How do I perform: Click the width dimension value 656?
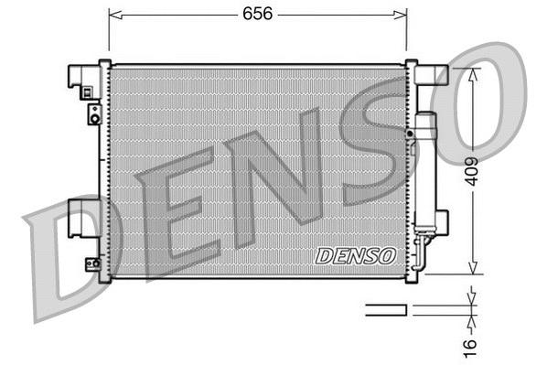257,14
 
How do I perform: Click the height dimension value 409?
469,170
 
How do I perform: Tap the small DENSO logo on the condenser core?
355,255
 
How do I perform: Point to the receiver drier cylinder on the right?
425,169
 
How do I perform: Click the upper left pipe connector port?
93,113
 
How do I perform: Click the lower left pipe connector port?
92,264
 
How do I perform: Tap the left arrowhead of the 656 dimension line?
113,14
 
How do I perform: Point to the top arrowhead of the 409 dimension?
471,72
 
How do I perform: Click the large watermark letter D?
64,257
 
